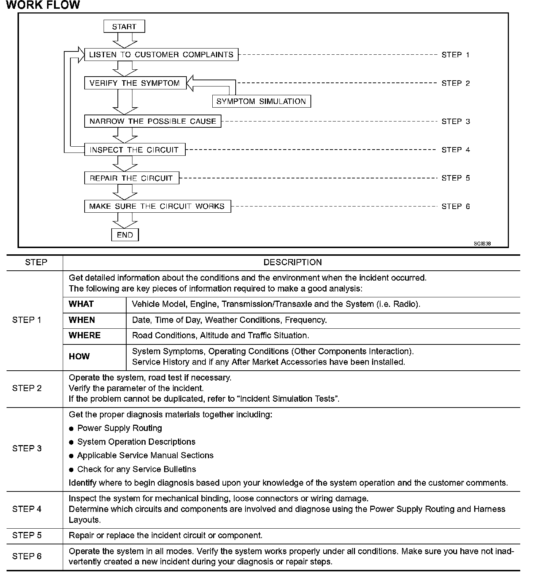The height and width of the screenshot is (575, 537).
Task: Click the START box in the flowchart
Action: [124, 27]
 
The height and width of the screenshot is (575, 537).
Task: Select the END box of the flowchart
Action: [125, 235]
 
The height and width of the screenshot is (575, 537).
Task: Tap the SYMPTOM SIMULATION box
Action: [261, 101]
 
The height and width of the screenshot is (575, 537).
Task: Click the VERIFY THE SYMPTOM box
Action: [135, 83]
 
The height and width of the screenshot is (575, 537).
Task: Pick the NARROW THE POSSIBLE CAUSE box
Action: [152, 121]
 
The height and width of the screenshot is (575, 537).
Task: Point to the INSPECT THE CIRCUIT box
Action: [135, 150]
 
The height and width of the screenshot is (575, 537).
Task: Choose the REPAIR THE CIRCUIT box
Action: [131, 178]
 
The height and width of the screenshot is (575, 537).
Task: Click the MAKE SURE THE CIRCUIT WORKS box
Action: [157, 206]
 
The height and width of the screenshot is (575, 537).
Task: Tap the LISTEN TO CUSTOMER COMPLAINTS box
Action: [161, 55]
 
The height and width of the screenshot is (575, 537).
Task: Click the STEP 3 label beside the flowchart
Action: [456, 121]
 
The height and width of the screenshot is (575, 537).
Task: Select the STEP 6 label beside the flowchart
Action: [456, 207]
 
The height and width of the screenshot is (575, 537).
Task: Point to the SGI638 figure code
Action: [482, 244]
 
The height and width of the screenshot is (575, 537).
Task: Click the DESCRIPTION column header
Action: [293, 262]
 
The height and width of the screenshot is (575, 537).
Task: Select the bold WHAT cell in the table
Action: [81, 304]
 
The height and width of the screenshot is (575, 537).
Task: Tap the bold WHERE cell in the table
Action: [85, 335]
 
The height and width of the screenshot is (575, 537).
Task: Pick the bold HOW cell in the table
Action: [79, 356]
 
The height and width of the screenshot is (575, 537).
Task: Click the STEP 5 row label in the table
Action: [27, 535]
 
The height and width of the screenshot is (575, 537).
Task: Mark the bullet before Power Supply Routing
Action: [72, 429]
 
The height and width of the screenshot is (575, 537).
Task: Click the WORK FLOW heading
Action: [43, 5]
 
